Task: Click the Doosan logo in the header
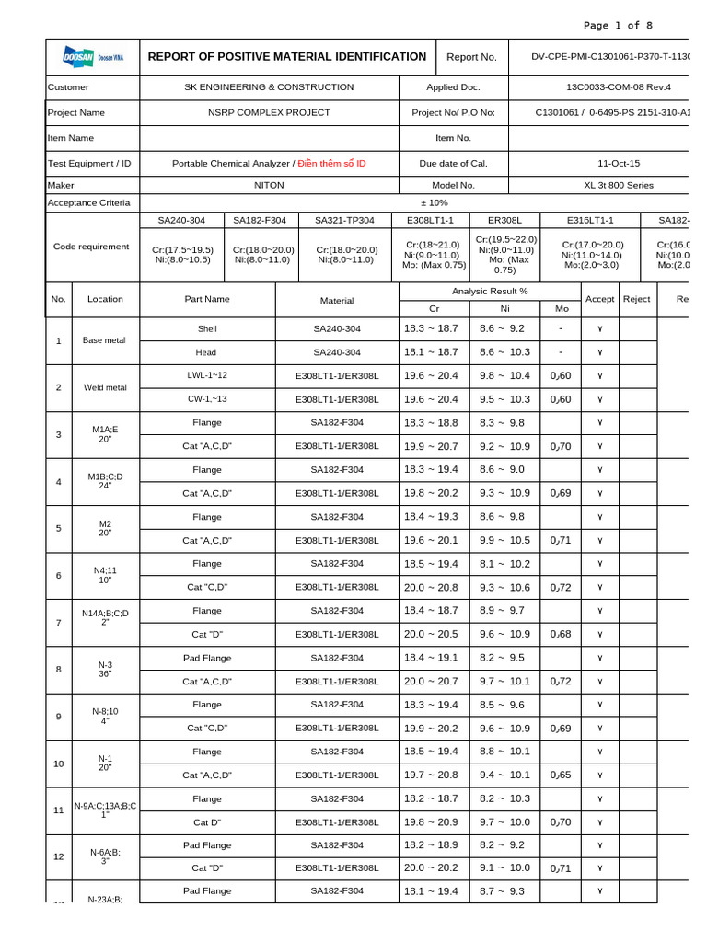coord(91,57)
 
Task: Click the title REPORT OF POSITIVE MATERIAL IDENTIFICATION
coord(287,57)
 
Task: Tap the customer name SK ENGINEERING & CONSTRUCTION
coord(269,87)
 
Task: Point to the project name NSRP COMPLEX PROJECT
coord(269,112)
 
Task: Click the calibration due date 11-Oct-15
coord(618,163)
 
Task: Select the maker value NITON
coord(269,185)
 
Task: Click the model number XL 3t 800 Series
coord(618,185)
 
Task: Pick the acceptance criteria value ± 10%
coord(434,202)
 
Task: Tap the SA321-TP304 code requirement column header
coord(344,221)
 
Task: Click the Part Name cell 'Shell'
coord(207,328)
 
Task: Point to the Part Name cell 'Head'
coord(206,352)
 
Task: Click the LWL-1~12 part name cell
coord(207,375)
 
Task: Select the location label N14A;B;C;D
coord(105,614)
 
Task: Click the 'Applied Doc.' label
coord(453,87)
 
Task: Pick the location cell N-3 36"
coord(105,669)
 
